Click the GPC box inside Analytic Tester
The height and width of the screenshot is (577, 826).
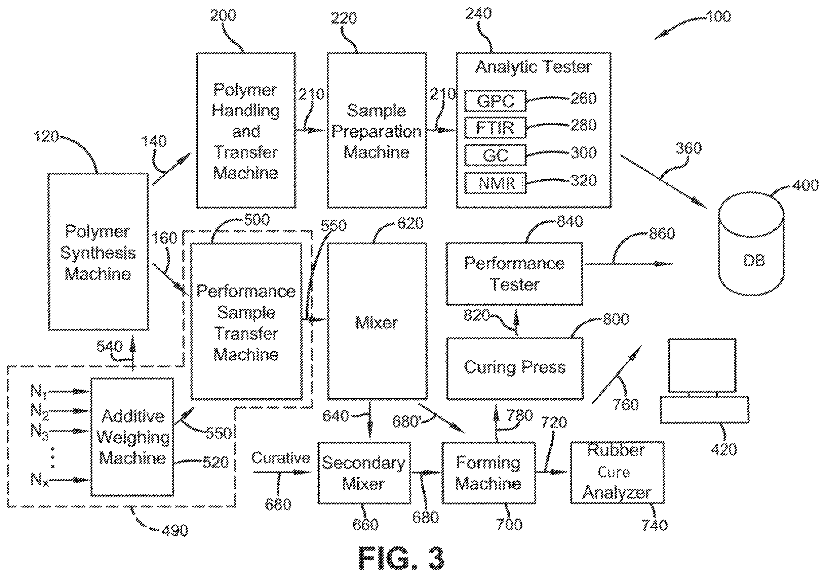pos(496,101)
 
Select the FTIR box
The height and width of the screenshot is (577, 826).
pos(496,128)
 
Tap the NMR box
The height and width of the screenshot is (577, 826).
pos(496,183)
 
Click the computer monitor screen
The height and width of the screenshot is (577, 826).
pos(702,365)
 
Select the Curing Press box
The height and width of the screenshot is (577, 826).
pos(515,368)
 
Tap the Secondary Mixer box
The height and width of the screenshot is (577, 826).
pos(364,473)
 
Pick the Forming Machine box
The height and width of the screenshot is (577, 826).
pos(488,473)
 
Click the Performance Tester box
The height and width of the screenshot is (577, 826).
pos(514,274)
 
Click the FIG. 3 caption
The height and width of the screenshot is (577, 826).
pos(401,558)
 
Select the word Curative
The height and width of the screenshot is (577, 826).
pos(281,458)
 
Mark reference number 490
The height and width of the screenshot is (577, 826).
pos(175,531)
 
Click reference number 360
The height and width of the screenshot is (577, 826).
pos(689,148)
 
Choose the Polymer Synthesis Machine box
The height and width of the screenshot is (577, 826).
pos(98,252)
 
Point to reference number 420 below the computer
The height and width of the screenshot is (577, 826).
pos(724,449)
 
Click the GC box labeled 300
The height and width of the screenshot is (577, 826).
pos(496,155)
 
